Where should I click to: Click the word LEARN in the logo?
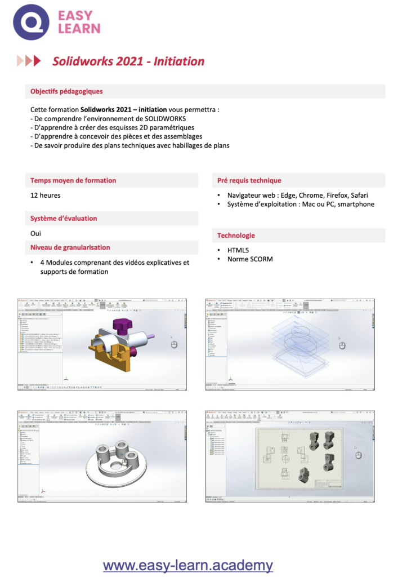point(79,28)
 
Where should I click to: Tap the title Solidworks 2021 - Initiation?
point(128,61)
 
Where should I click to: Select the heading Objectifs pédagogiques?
point(66,91)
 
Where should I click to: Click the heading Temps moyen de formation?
point(73,180)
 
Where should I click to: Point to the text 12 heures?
point(46,196)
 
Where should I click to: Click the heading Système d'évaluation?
point(64,218)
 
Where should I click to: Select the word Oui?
point(36,233)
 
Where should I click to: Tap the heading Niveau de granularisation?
point(70,247)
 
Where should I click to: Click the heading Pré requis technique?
point(249,180)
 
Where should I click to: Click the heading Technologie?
point(236,235)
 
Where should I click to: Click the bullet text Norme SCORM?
point(250,259)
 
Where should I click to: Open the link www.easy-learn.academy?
point(188,565)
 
